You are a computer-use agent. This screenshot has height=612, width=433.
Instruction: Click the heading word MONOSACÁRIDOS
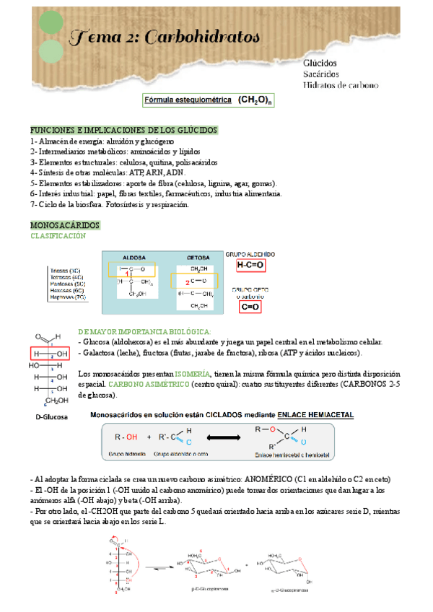[64, 226]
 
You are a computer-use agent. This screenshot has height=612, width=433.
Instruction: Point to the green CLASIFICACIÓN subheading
[57, 237]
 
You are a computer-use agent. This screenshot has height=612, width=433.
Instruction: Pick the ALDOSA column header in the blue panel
[134, 257]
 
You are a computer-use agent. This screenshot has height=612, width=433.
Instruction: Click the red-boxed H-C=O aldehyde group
[250, 266]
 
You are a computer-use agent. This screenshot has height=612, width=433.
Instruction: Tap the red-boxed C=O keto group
[250, 307]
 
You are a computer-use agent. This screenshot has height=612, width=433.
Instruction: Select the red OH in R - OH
[131, 437]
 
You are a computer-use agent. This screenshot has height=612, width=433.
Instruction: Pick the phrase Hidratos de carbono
[341, 84]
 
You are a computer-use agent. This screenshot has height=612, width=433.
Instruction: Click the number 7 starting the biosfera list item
[32, 205]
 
